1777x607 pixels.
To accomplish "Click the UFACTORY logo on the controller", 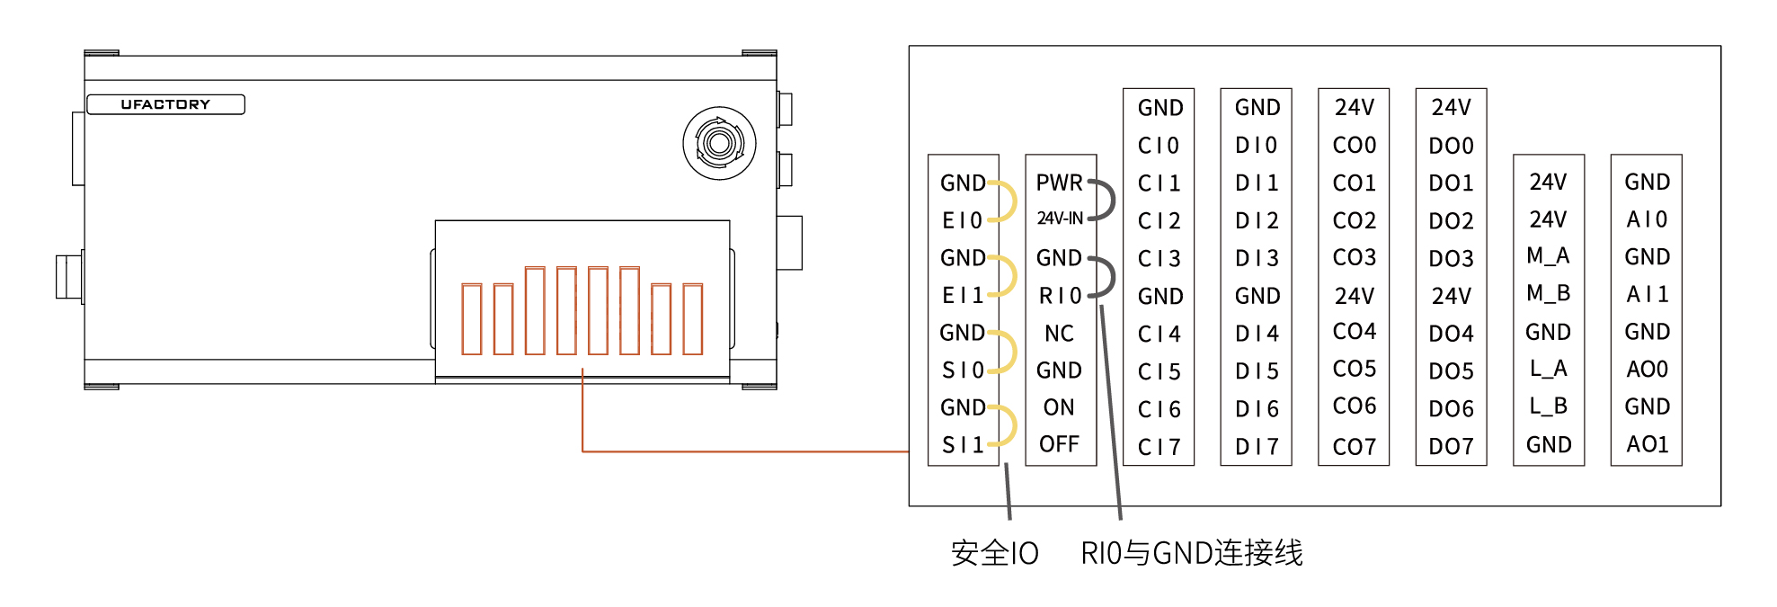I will pyautogui.click(x=165, y=104).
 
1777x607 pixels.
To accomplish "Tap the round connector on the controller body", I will pyautogui.click(x=719, y=143).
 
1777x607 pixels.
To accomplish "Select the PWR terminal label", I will pyautogui.click(x=1059, y=183).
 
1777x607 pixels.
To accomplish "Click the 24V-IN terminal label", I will pyautogui.click(x=1060, y=219).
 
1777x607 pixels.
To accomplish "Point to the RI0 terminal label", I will pyautogui.click(x=1060, y=296).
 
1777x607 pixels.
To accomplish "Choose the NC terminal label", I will pyautogui.click(x=1059, y=334).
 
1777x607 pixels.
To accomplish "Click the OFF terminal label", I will pyautogui.click(x=1059, y=444).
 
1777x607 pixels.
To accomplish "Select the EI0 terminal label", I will pyautogui.click(x=962, y=220).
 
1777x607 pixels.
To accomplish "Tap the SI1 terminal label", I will pyautogui.click(x=962, y=444).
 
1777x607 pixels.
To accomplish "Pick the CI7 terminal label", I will pyautogui.click(x=1159, y=447).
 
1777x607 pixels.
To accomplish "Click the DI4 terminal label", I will pyautogui.click(x=1257, y=334).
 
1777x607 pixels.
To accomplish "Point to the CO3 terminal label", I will pyautogui.click(x=1354, y=257).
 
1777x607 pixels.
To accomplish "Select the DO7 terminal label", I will pyautogui.click(x=1451, y=447).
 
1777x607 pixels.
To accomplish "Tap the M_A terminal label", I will pyautogui.click(x=1548, y=256).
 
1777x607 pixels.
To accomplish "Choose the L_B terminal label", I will pyautogui.click(x=1548, y=406).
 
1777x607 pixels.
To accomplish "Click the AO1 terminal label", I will pyautogui.click(x=1647, y=444).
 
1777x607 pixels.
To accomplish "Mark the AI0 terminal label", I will pyautogui.click(x=1647, y=219).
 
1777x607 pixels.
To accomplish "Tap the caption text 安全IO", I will pyautogui.click(x=994, y=553).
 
